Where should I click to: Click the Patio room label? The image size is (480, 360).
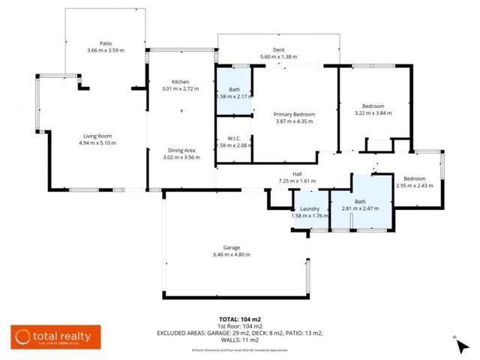[x=105, y=43]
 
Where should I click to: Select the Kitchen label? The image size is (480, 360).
[x=180, y=81]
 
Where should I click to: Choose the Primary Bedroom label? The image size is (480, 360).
[x=295, y=114]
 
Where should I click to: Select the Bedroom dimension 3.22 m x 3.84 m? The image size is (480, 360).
[x=373, y=113]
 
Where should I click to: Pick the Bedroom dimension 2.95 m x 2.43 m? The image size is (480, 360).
[x=415, y=186]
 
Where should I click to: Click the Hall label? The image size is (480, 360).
[x=298, y=173]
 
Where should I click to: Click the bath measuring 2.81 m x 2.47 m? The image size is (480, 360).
[x=360, y=205]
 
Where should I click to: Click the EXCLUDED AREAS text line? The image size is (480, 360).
[x=239, y=332]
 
